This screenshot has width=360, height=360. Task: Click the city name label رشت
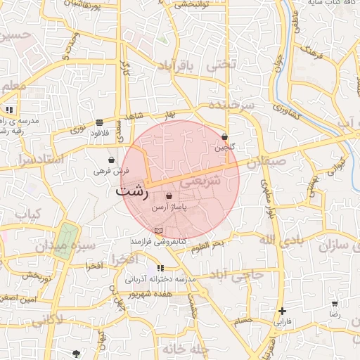click(x=131, y=191)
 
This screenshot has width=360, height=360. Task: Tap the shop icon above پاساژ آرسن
click(x=169, y=195)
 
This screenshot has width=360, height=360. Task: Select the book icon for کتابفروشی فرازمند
click(x=158, y=231)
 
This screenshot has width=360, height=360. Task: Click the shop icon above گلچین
click(x=224, y=136)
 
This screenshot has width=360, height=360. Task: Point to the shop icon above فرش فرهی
click(x=111, y=160)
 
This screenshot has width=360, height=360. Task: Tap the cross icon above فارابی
click(x=282, y=311)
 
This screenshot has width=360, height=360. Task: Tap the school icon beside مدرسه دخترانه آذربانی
click(x=160, y=268)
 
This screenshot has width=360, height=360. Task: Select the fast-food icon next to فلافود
click(x=99, y=122)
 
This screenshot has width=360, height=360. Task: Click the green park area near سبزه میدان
click(x=67, y=239)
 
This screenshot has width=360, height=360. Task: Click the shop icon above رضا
click(x=335, y=304)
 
